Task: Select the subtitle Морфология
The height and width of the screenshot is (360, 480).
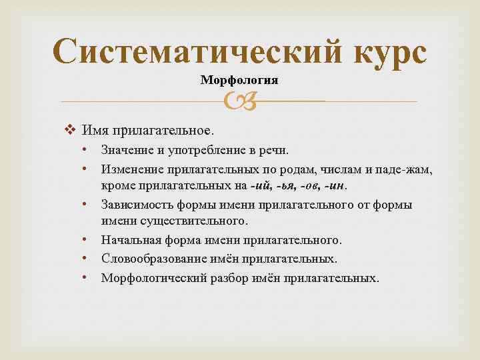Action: click(239, 80)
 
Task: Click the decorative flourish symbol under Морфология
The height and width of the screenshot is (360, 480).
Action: click(239, 101)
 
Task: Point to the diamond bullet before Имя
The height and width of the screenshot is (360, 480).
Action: click(74, 129)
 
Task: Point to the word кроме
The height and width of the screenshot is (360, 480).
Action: click(117, 186)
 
